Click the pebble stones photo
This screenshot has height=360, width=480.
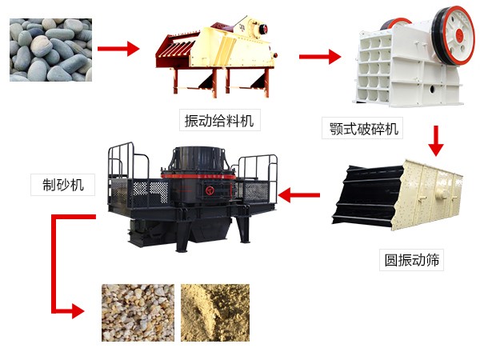51,50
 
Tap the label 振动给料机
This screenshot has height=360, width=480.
219,120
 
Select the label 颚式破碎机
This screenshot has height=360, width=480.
364,128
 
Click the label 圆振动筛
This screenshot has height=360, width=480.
412,260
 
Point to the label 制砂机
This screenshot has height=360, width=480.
63,185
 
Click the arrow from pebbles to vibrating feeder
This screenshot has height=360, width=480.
118,49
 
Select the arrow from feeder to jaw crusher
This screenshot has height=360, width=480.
320,56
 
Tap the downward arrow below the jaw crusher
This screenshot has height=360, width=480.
436,141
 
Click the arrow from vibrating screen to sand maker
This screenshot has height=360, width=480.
299,195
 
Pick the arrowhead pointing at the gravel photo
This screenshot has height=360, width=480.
78,311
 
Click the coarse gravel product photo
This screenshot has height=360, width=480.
138,313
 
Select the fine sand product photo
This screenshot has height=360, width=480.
215,313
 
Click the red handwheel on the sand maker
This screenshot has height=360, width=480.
210,190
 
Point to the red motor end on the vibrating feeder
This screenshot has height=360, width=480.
263,28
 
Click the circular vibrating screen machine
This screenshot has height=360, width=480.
397,194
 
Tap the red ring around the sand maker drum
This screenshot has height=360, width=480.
198,176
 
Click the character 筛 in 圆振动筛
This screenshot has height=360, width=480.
432,260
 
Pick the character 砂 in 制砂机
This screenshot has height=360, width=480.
63,185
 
